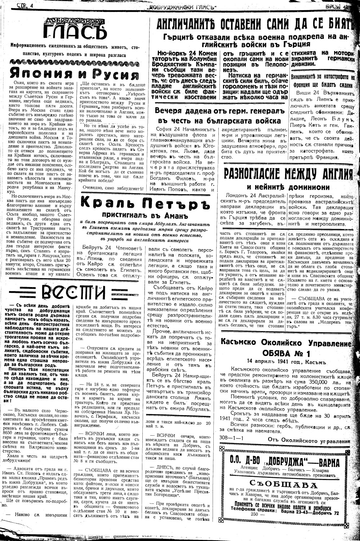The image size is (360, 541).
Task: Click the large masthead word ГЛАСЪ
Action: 75,33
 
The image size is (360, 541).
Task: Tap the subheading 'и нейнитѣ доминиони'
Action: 288,187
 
